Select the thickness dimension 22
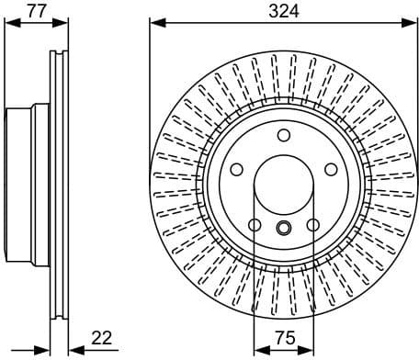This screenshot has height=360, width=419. pyautogui.click(x=102, y=338)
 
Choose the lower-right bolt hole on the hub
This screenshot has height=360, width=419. pyautogui.click(x=311, y=223)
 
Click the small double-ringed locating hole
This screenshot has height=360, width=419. pyautogui.click(x=282, y=229)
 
